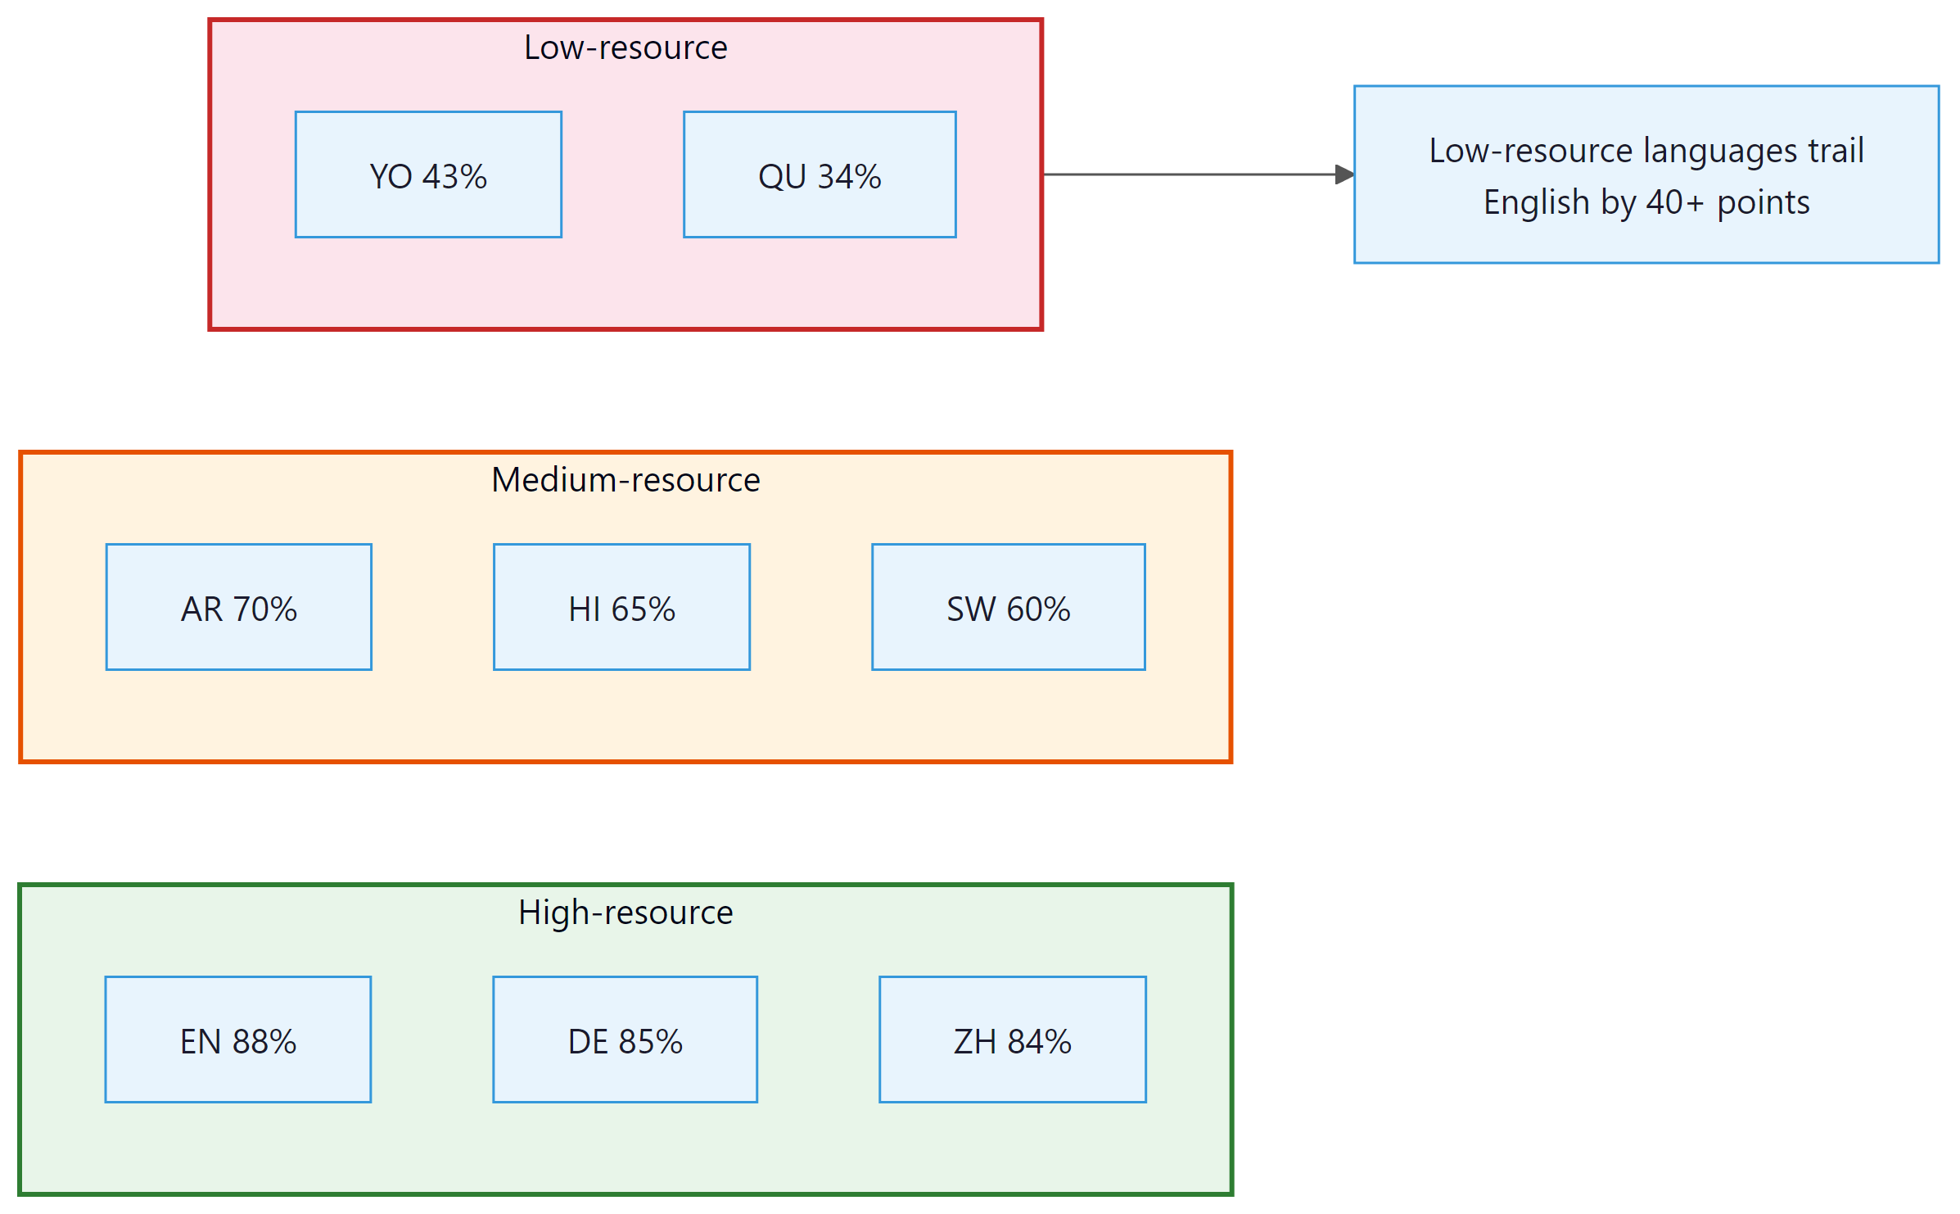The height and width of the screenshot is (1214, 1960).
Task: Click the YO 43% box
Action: [428, 175]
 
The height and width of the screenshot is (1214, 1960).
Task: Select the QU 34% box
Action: [820, 175]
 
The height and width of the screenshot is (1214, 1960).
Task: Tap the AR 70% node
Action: [238, 608]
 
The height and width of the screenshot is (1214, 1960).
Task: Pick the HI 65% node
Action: [621, 608]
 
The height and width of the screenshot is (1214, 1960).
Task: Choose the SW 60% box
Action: [1008, 608]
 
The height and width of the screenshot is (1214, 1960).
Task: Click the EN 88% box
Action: [237, 1040]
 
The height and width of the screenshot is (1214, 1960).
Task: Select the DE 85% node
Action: [625, 1040]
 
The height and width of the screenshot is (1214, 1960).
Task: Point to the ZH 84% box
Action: [1012, 1040]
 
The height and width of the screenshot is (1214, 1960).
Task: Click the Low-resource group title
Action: [625, 48]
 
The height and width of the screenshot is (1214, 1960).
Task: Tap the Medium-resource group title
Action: [625, 480]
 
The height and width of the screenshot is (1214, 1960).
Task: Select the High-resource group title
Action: [625, 913]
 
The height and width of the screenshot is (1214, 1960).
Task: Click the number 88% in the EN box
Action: [264, 1041]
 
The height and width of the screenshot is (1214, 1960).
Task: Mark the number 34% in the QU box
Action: [849, 176]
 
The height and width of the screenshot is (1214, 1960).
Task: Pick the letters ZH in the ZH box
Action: [974, 1041]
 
